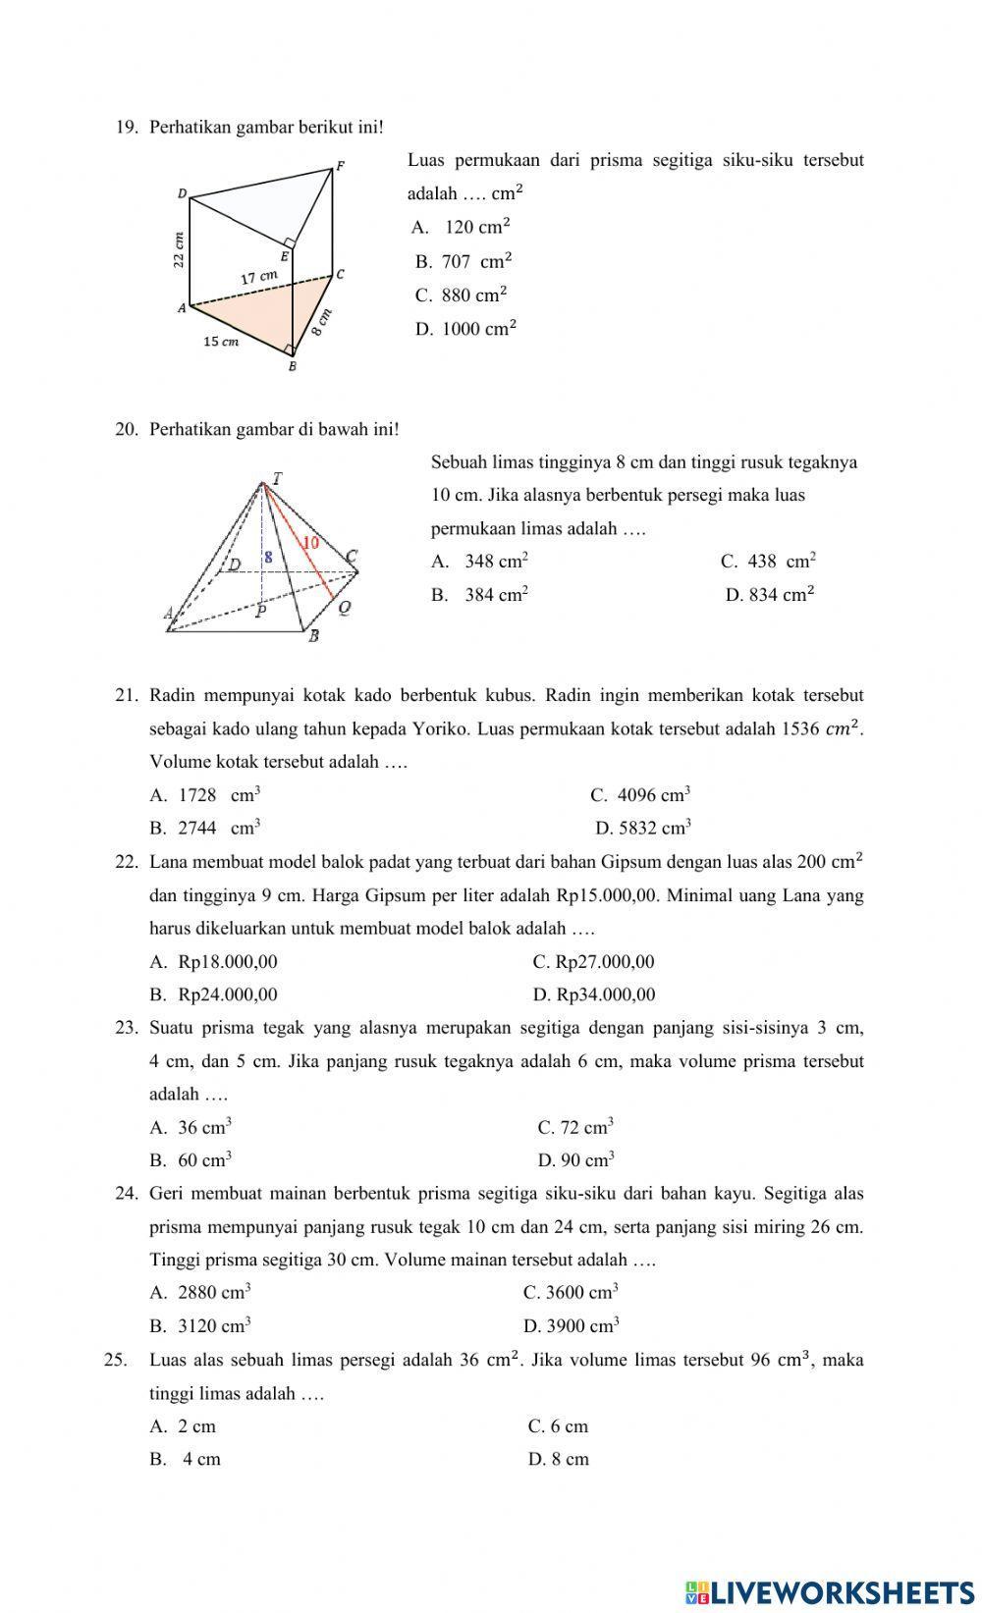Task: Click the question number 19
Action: point(127,128)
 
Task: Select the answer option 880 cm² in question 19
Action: point(473,296)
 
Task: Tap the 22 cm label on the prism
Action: point(179,249)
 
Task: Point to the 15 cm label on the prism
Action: point(221,342)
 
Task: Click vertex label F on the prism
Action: point(341,166)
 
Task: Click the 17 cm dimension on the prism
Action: point(259,278)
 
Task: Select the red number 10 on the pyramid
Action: point(310,542)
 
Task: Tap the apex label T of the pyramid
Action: point(277,479)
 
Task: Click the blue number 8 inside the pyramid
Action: point(268,556)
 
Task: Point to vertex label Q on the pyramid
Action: point(345,608)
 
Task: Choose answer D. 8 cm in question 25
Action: point(559,1459)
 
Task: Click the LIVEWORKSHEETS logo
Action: point(830,1591)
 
